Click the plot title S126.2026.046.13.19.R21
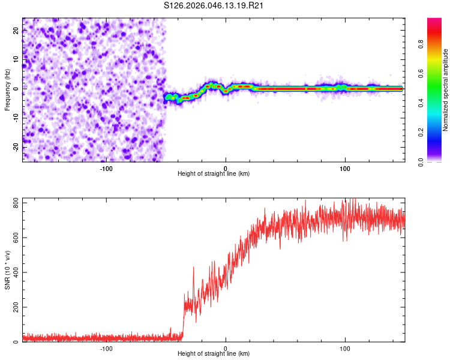pyautogui.click(x=214, y=6)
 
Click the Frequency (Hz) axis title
pyautogui.click(x=7, y=90)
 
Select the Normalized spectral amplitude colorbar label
pyautogui.click(x=446, y=91)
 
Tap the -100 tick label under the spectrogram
pyautogui.click(x=106, y=169)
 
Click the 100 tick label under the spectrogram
pyautogui.click(x=345, y=169)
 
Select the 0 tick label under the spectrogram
pyautogui.click(x=226, y=169)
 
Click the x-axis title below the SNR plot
pyautogui.click(x=214, y=354)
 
